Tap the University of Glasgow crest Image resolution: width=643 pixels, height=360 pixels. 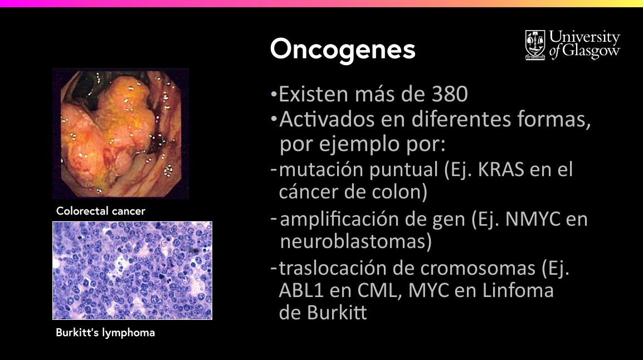click(x=535, y=45)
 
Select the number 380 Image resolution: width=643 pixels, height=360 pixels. click(x=450, y=94)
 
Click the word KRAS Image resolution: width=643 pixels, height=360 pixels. click(x=501, y=169)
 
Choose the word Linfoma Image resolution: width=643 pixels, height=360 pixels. click(x=518, y=291)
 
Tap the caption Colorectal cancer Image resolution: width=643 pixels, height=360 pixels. click(x=101, y=211)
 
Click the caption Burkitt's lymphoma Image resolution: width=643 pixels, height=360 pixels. click(x=105, y=333)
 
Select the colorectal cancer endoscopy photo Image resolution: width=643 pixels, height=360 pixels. click(x=120, y=134)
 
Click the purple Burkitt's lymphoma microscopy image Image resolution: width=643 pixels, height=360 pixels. click(x=133, y=271)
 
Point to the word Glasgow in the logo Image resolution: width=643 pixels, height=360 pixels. click(x=591, y=51)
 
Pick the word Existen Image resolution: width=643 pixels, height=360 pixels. click(x=314, y=94)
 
